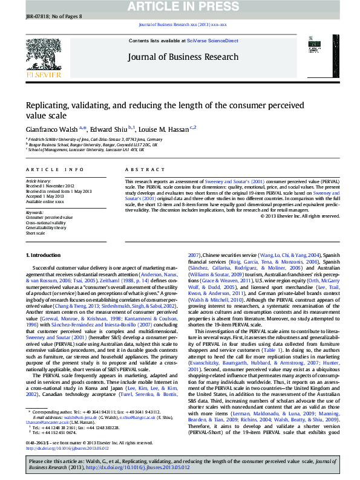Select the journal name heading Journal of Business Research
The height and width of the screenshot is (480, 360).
click(x=182, y=57)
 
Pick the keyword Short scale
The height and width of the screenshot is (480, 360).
click(x=35, y=233)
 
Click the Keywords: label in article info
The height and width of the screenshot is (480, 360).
click(x=34, y=212)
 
